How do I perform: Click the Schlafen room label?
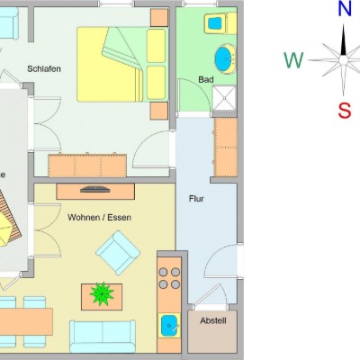tap(44, 68)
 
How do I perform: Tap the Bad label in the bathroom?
tap(206, 80)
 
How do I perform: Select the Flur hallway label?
tap(196, 199)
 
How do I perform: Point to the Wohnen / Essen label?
tap(99, 217)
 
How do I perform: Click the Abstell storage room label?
tap(213, 320)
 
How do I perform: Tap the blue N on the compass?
tap(345, 9)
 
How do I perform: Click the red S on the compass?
tap(345, 110)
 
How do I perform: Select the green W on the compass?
tap(293, 60)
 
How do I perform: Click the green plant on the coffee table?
tap(102, 293)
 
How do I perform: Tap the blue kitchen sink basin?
tap(169, 326)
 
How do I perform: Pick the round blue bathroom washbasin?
tap(225, 59)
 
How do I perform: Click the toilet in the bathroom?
tap(220, 23)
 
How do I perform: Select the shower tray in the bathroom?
tap(224, 98)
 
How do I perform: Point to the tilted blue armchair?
tap(118, 253)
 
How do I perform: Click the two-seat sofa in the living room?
tap(103, 336)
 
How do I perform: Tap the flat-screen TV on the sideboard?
tap(95, 189)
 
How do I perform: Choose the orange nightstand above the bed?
tap(159, 18)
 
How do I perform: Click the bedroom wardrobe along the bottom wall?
tap(87, 166)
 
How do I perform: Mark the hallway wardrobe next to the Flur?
tap(226, 147)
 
